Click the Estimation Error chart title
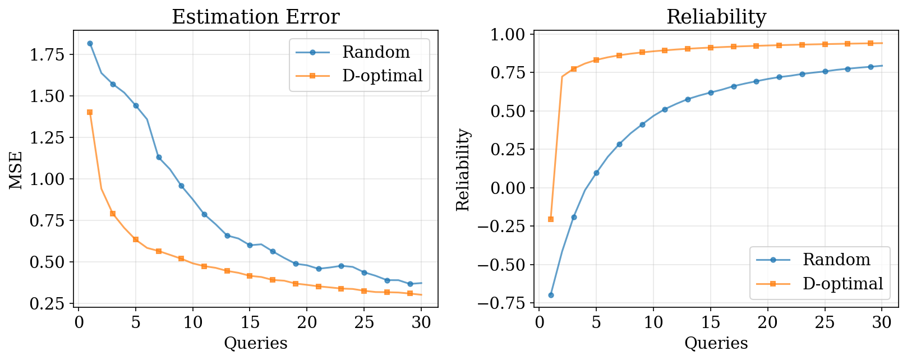coord(255,17)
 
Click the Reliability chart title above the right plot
coord(716,17)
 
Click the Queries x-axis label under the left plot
coord(255,343)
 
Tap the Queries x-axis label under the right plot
coord(716,343)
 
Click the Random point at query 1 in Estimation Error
coord(90,43)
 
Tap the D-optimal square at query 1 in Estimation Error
coord(90,112)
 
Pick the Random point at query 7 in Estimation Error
coord(159,157)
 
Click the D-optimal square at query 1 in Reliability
coord(551,219)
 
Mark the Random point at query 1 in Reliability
coord(551,295)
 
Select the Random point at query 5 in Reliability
coord(596,173)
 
